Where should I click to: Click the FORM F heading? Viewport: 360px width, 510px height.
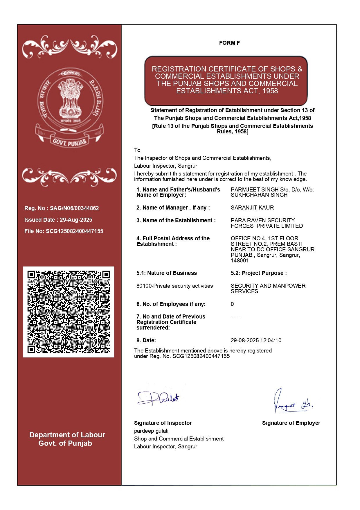click(229, 43)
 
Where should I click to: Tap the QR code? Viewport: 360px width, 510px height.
click(69, 312)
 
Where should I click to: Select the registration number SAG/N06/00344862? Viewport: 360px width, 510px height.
click(74, 208)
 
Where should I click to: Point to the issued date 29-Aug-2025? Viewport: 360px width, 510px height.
click(76, 220)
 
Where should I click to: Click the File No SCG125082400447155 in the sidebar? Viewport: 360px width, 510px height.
click(74, 231)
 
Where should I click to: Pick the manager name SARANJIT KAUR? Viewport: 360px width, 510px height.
click(252, 208)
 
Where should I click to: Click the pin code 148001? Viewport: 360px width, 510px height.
click(240, 261)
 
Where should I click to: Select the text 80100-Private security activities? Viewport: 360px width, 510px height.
click(174, 286)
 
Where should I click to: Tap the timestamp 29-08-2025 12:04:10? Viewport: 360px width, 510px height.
click(256, 341)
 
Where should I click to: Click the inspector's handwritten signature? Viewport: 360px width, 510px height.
click(158, 398)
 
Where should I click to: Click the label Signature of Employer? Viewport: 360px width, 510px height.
click(291, 423)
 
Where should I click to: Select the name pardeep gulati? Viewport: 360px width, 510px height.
click(151, 431)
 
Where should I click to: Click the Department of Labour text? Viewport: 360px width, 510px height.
click(67, 435)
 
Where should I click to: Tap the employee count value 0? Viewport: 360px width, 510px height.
click(232, 304)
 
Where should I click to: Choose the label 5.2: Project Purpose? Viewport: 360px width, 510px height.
click(258, 273)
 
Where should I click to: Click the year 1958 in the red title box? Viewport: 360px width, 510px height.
click(270, 91)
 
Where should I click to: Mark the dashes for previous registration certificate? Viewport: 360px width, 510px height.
click(235, 317)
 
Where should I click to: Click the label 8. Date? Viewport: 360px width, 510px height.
click(146, 341)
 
